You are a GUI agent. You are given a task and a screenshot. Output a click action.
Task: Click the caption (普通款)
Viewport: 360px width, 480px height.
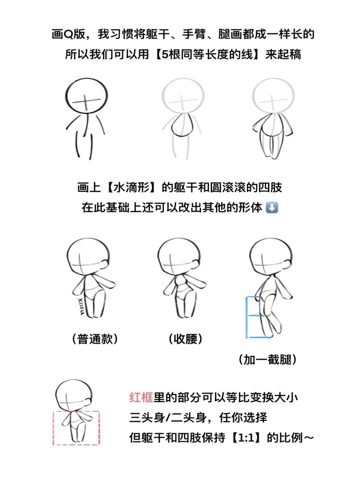pyautogui.click(x=95, y=339)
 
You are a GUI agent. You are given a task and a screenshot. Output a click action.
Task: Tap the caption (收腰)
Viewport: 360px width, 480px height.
pyautogui.click(x=185, y=339)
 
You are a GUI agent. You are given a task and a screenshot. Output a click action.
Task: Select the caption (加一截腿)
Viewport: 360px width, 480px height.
pyautogui.click(x=267, y=360)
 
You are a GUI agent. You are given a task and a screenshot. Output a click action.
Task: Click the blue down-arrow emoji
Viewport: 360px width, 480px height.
pyautogui.click(x=271, y=207)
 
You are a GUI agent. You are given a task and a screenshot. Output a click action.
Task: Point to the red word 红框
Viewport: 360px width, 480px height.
pyautogui.click(x=141, y=397)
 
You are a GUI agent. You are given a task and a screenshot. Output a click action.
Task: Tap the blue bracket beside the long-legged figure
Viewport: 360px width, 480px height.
pyautogui.click(x=247, y=317)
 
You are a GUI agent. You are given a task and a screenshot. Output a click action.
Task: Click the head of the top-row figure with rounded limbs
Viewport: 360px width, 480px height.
pyautogui.click(x=273, y=97)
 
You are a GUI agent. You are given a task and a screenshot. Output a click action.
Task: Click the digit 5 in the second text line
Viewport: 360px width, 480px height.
pyautogui.click(x=159, y=54)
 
